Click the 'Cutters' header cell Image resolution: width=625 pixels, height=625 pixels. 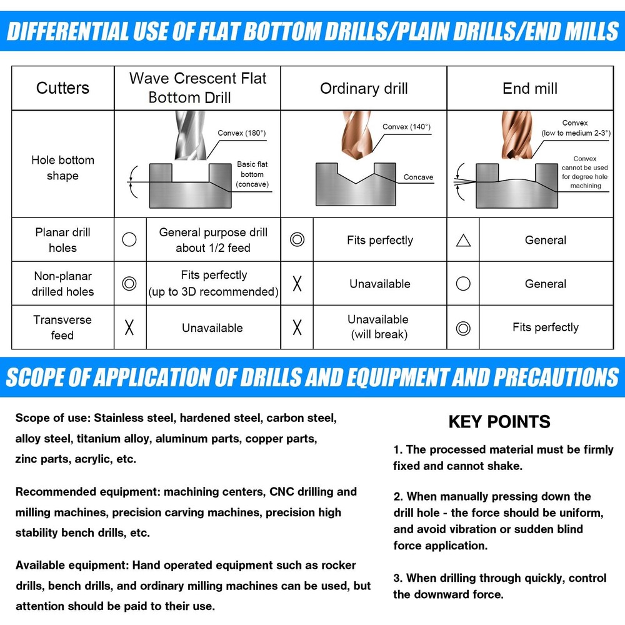tap(62, 88)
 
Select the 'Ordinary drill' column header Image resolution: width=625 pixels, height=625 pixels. tap(364, 89)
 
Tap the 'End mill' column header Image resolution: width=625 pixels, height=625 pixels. tap(530, 89)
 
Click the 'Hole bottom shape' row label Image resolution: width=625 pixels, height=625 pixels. tap(62, 167)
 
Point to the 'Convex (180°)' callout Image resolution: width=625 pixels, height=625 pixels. tap(241, 132)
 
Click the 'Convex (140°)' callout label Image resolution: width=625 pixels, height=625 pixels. tap(406, 127)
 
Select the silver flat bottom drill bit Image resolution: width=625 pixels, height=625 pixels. tap(190, 135)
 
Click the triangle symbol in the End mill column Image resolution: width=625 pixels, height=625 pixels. tap(463, 241)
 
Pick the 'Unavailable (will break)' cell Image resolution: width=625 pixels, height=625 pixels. tap(379, 327)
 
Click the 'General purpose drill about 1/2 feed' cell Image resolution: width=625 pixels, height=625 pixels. tap(213, 240)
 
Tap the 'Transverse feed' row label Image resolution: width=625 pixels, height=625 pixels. tap(62, 327)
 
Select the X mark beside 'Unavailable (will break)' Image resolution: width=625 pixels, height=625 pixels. tap(297, 327)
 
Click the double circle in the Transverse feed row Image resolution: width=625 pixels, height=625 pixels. tap(463, 329)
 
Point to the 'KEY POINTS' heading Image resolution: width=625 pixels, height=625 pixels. tap(499, 422)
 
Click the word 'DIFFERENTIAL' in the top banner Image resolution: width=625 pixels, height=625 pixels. tap(68, 31)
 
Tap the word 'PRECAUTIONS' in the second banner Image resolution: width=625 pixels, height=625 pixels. tap(556, 377)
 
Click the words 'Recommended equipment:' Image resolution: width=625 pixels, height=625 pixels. tap(87, 492)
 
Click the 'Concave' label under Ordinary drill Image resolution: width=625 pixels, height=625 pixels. tap(418, 177)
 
